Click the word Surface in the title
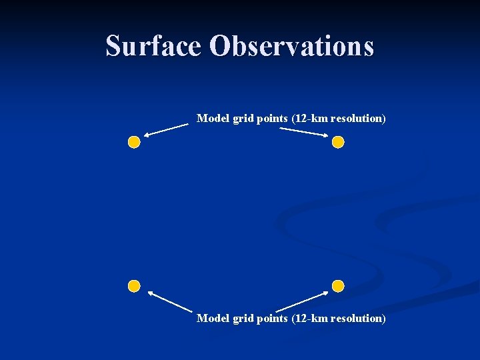pyautogui.click(x=153, y=46)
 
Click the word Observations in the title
pyautogui.click(x=291, y=46)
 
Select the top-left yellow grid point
pyautogui.click(x=134, y=142)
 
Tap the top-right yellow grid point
pyautogui.click(x=338, y=142)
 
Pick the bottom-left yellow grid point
pyautogui.click(x=134, y=286)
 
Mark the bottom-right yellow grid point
pyautogui.click(x=338, y=286)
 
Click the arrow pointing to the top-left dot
pyautogui.click(x=166, y=129)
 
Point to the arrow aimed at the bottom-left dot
pyautogui.click(x=169, y=301)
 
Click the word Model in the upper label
pyautogui.click(x=213, y=119)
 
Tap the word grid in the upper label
pyautogui.click(x=242, y=119)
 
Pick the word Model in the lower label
pyautogui.click(x=213, y=319)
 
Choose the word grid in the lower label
pyautogui.click(x=242, y=319)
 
